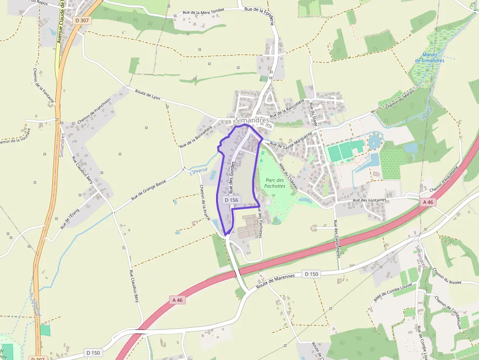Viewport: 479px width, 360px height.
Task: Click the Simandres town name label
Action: point(252,120)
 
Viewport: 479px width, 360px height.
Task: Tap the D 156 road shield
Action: point(231,200)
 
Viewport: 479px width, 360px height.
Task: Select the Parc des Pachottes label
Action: point(275,183)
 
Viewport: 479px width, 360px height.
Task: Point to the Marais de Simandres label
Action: point(430,58)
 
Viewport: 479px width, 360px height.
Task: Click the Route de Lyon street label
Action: point(148,95)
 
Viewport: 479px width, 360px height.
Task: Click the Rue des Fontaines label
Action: point(370,200)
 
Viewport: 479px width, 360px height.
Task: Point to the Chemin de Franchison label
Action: point(94,110)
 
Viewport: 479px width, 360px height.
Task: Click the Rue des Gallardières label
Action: point(336,239)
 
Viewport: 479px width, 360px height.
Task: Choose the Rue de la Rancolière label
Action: point(291,108)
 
